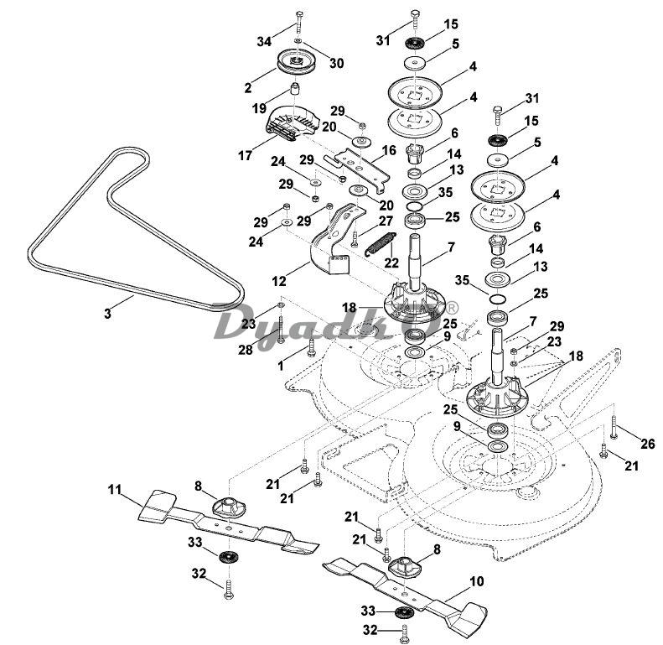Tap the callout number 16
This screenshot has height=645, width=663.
pos(389,150)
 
